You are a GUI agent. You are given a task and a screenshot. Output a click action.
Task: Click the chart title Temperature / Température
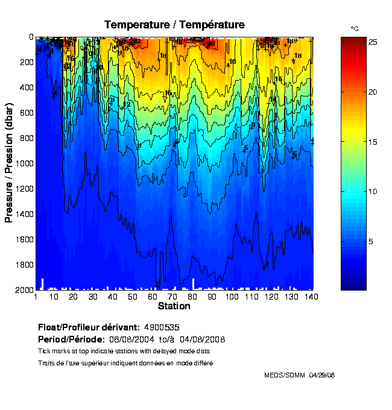click(174, 25)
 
